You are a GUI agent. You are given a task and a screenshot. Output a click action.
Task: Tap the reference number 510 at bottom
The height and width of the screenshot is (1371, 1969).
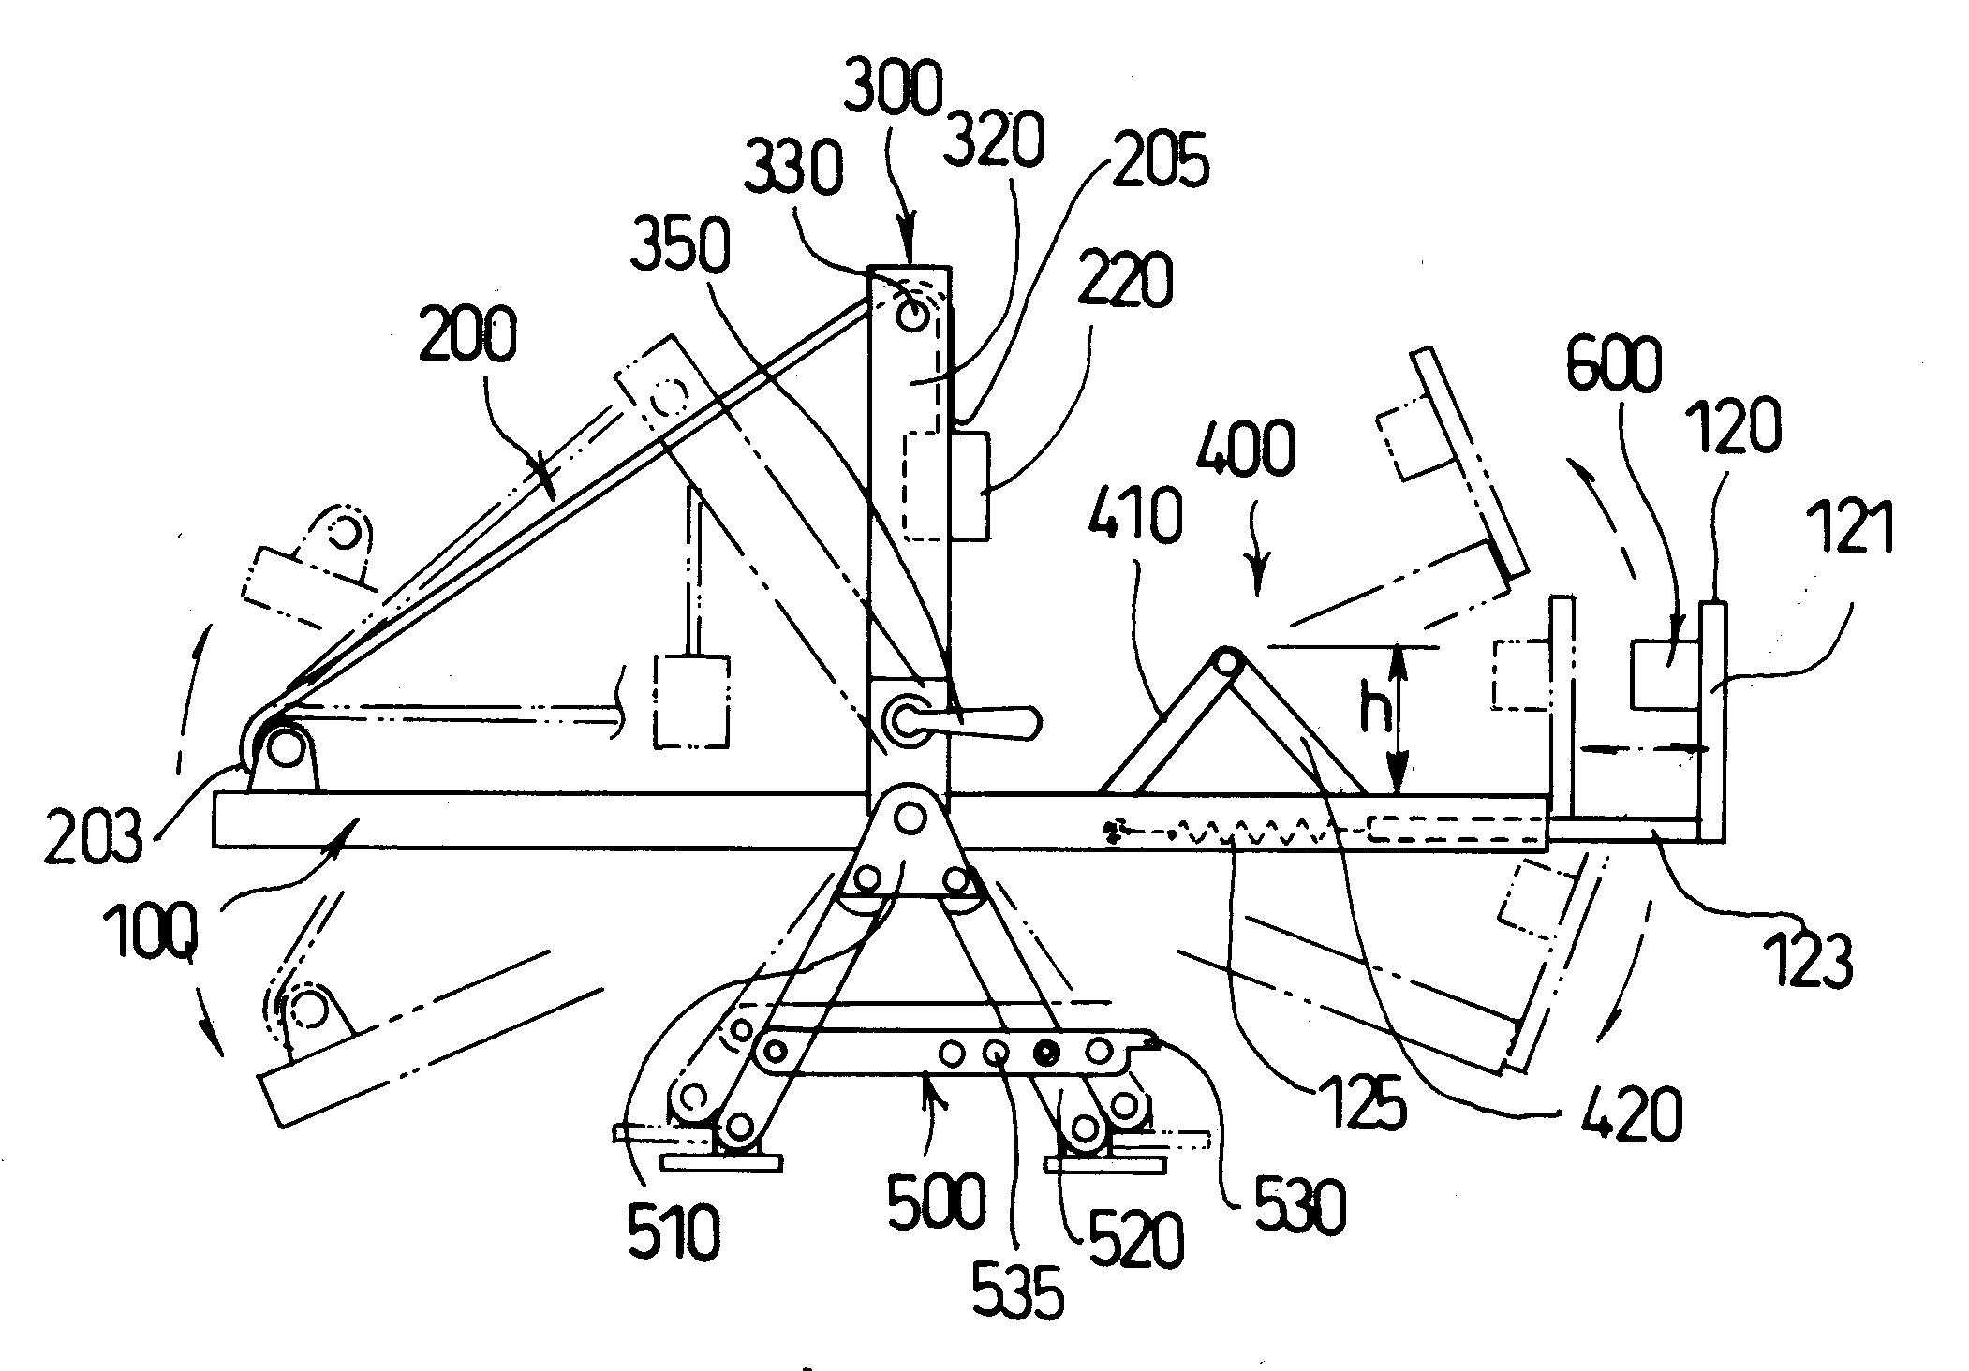click(674, 1233)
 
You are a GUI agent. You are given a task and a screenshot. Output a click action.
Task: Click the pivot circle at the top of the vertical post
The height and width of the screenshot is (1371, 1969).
click(910, 317)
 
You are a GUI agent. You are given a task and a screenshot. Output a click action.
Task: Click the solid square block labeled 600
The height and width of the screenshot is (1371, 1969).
click(1664, 674)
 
